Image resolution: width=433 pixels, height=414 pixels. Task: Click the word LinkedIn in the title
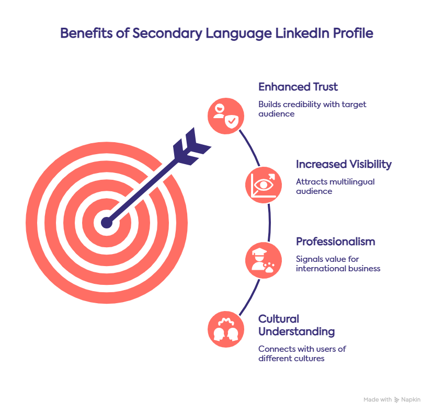(x=309, y=33)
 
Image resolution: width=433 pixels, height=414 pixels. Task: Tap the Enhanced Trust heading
(x=298, y=87)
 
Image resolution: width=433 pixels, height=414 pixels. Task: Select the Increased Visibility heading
(x=343, y=164)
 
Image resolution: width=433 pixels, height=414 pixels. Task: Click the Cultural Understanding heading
(x=297, y=325)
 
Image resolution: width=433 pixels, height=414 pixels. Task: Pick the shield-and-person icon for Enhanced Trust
(x=225, y=114)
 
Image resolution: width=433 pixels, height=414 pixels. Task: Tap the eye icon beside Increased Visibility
(x=263, y=184)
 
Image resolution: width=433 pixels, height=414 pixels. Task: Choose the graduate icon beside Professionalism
(x=263, y=260)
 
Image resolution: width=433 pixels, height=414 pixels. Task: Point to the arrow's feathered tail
(x=189, y=146)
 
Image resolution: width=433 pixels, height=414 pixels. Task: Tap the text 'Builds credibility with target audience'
(x=312, y=109)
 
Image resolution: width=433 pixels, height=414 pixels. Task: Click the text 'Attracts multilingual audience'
(x=335, y=186)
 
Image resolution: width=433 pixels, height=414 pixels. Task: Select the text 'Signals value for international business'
(x=337, y=263)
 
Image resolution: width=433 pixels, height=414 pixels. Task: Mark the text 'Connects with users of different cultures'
(x=302, y=353)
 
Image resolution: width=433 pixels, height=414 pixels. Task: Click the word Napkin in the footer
(x=411, y=400)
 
